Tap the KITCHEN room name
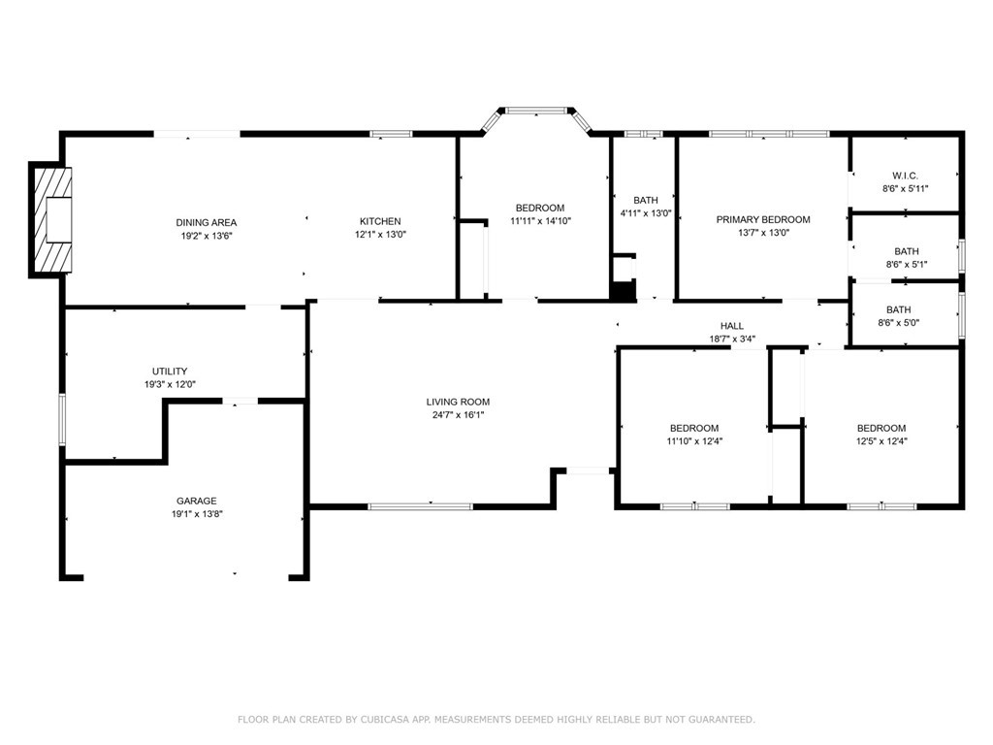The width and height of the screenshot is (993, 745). click(x=380, y=221)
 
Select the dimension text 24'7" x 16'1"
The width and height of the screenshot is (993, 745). click(x=458, y=415)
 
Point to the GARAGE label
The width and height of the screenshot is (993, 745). click(x=196, y=501)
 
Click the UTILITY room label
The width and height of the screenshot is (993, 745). click(x=170, y=372)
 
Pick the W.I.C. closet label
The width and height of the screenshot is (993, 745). click(x=905, y=176)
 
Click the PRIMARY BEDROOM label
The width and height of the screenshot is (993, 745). click(x=763, y=220)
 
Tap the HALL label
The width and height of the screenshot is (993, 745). click(x=732, y=326)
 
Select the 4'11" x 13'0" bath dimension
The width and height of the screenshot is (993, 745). click(x=645, y=213)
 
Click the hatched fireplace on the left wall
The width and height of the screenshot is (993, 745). click(x=50, y=220)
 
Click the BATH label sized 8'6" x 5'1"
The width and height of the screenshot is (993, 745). click(x=907, y=251)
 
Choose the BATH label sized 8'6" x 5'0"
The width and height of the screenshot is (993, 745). click(x=899, y=309)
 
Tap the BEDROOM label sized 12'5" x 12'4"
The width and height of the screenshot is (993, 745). click(x=881, y=428)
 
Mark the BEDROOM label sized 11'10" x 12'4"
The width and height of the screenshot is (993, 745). click(x=694, y=428)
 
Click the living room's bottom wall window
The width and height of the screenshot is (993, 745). click(x=421, y=506)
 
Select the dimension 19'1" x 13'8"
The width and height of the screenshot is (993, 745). click(x=197, y=514)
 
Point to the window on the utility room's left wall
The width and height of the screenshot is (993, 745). click(x=62, y=419)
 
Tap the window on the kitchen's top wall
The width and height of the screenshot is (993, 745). click(x=392, y=134)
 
